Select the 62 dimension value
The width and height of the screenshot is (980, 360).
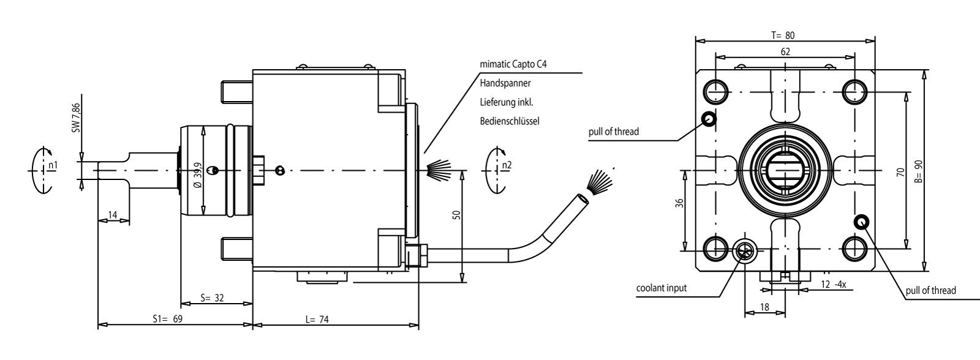pyautogui.click(x=785, y=52)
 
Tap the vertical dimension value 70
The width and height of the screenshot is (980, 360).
pyautogui.click(x=900, y=172)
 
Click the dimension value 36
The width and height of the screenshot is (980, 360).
pyautogui.click(x=679, y=203)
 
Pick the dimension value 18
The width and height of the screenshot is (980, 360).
pyautogui.click(x=764, y=307)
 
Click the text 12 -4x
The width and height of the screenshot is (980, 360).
pyautogui.click(x=833, y=285)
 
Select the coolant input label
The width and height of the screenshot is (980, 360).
pyautogui.click(x=661, y=288)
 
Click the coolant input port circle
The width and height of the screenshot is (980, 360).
pyautogui.click(x=745, y=250)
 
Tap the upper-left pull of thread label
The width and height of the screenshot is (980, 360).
pyautogui.click(x=614, y=132)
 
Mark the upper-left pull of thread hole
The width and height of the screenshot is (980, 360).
pyautogui.click(x=709, y=119)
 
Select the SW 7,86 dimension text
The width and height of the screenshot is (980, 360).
pyautogui.click(x=76, y=118)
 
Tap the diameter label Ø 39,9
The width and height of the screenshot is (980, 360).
pyautogui.click(x=197, y=179)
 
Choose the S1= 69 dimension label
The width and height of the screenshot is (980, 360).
pyautogui.click(x=168, y=319)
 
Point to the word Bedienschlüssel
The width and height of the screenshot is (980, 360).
pyautogui.click(x=510, y=121)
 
